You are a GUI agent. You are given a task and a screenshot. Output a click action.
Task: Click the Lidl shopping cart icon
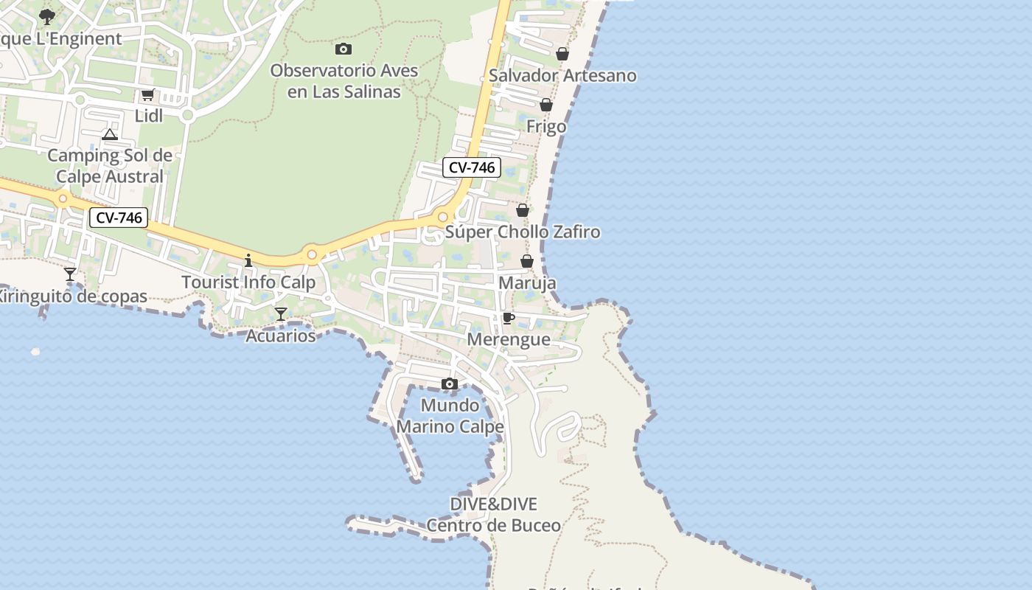pos(147,94)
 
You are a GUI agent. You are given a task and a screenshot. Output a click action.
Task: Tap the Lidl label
pos(148,116)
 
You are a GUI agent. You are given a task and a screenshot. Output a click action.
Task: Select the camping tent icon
pos(110,134)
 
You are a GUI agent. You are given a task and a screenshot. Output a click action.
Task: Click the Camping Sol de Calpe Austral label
pos(110,166)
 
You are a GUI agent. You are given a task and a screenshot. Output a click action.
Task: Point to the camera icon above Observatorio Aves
pos(343,49)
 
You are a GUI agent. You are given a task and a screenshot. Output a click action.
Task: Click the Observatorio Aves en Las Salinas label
pos(344,81)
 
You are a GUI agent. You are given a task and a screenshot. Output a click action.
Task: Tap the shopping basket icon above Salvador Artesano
pos(562,54)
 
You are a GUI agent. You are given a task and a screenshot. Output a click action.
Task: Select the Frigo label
pos(546,127)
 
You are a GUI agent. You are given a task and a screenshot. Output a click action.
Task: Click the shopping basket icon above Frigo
pos(546,105)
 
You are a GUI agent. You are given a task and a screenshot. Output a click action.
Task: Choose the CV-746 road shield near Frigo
pos(472,167)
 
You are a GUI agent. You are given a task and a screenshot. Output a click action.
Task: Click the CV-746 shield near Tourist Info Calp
pos(119,218)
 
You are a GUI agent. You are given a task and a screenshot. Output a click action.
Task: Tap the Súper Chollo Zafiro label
pos(523,232)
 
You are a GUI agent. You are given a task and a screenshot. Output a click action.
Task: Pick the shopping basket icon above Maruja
pos(527,261)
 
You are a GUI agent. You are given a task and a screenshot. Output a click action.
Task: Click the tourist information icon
pos(248,260)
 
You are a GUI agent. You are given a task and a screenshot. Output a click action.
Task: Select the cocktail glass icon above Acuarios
pos(280,314)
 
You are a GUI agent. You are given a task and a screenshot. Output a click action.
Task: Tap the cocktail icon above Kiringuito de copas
pos(70,274)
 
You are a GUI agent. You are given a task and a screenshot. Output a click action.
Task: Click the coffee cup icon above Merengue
pos(508,318)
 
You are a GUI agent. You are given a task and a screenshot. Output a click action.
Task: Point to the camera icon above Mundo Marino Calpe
pos(450,384)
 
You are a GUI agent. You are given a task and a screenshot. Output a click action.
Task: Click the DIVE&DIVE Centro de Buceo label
pos(494,515)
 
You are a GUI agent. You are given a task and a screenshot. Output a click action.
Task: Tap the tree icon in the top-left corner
pos(47,15)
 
